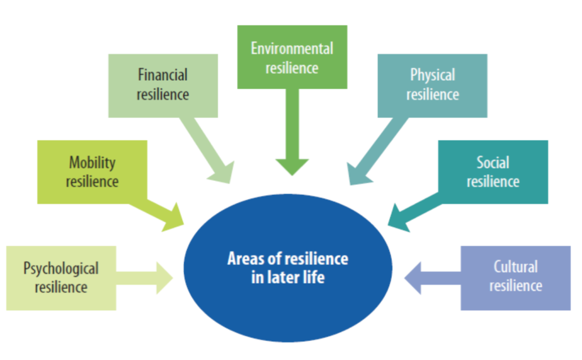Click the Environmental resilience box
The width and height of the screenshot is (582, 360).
[292, 57]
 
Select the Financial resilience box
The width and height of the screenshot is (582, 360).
[163, 85]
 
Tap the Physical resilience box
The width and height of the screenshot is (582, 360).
[432, 85]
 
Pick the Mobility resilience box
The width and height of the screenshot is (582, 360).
[92, 172]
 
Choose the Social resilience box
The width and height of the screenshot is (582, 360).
[493, 172]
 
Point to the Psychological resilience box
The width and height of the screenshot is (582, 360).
[61, 277]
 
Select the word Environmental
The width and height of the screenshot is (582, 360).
[292, 48]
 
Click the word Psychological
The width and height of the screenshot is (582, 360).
[61, 268]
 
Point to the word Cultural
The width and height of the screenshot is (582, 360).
[515, 267]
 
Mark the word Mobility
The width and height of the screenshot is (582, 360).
[92, 163]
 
